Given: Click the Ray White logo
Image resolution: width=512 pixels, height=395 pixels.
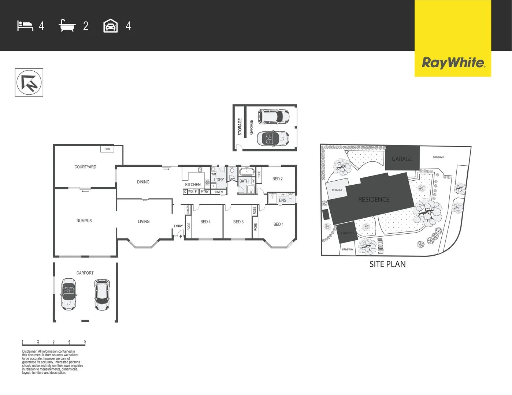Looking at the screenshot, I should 453,63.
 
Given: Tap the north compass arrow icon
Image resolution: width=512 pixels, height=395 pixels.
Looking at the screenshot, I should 29,83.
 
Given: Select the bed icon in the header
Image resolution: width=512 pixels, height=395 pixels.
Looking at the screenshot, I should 25,26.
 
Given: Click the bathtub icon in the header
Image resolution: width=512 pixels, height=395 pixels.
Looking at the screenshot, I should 67,26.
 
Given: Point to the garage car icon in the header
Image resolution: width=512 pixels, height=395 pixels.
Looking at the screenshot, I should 111,26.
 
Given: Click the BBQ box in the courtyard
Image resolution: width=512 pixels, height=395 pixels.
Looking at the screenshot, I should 107,149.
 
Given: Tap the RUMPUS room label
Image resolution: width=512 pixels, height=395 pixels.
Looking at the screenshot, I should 84,221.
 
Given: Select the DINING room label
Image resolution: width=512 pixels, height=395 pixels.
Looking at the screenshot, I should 143,182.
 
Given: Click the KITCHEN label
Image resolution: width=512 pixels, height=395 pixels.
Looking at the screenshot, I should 193,185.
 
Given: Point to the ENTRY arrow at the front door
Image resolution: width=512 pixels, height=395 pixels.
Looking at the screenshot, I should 181,236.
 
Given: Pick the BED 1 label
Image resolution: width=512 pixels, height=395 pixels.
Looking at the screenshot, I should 278,224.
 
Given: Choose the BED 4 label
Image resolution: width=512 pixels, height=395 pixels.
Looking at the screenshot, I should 205,222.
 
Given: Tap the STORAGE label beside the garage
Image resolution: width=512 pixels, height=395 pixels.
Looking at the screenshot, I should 240,127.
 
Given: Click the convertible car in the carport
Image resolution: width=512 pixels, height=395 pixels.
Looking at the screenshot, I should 68,294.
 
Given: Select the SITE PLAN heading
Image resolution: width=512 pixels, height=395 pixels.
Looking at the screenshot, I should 387,264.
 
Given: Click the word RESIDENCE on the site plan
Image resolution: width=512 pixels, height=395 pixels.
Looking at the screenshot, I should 374,199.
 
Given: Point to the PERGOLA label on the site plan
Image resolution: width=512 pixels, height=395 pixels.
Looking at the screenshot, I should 337,190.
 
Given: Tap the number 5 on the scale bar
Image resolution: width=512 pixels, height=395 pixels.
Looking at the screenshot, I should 85,342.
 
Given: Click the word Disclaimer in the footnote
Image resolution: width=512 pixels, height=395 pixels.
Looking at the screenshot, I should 29,351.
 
